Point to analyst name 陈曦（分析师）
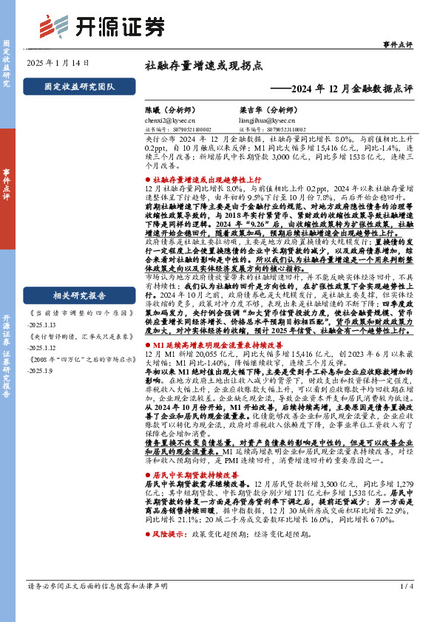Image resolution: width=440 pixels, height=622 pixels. [173, 109]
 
